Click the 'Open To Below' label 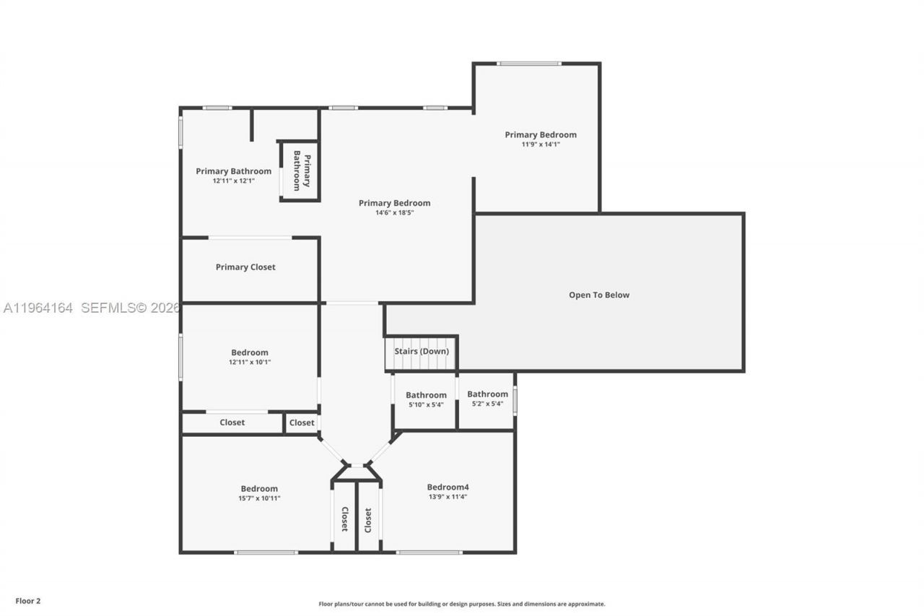click(598, 295)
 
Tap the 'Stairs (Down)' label click(422, 352)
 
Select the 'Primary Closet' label click(245, 267)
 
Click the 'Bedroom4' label click(448, 487)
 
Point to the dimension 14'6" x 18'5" click(394, 213)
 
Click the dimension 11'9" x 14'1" click(541, 144)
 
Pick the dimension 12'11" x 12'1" click(233, 181)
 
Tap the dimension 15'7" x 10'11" click(259, 498)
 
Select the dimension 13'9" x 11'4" click(448, 497)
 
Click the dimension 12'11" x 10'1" click(250, 363)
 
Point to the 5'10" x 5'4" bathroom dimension click(426, 404)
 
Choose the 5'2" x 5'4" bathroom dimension click(487, 404)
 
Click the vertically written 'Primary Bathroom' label click(302, 170)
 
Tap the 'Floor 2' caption click(28, 600)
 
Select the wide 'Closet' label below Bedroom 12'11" click(232, 422)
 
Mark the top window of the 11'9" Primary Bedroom click(529, 64)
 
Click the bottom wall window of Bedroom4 click(429, 552)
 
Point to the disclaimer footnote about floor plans click(462, 604)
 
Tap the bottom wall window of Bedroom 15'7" click(266, 552)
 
